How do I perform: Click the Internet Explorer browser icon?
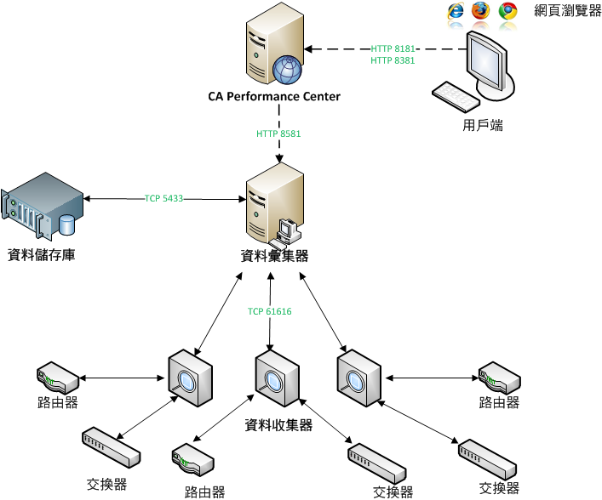tap(457, 11)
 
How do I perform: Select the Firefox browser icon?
tap(482, 11)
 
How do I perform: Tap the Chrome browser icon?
tap(508, 11)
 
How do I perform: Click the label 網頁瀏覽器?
tap(568, 11)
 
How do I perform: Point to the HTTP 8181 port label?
tap(393, 48)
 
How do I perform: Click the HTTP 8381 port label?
tap(393, 61)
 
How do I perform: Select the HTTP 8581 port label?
tap(278, 134)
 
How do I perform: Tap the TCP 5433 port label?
tap(163, 199)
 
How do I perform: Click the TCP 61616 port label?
tap(270, 312)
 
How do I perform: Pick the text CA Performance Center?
tap(274, 97)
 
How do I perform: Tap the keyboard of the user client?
tap(456, 96)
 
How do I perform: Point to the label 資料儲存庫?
tap(41, 254)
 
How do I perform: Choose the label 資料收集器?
tap(278, 425)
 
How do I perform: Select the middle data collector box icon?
tap(277, 378)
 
